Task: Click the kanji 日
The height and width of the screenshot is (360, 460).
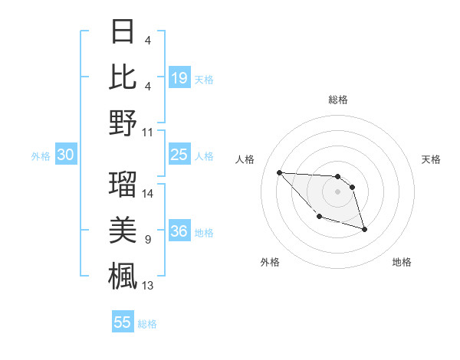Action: (x=123, y=31)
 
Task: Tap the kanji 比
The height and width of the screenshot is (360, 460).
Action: (x=123, y=77)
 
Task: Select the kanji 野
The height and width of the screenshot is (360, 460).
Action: (x=123, y=123)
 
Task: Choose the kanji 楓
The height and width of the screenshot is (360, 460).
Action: (x=123, y=275)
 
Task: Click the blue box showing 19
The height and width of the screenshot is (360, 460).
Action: (x=179, y=77)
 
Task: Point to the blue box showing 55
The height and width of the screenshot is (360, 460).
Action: (x=123, y=322)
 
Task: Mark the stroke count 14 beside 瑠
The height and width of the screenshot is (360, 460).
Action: (x=148, y=193)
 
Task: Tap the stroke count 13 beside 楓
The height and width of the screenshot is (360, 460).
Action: (x=148, y=286)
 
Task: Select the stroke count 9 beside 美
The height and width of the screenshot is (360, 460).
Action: (x=147, y=240)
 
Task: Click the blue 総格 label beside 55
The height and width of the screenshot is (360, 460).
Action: (x=147, y=324)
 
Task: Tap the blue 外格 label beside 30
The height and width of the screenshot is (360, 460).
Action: (x=41, y=156)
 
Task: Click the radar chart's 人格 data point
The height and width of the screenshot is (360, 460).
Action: (x=279, y=172)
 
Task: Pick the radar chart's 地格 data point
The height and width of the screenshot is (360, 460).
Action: (x=364, y=229)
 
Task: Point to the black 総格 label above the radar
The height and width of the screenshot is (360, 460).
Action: (x=337, y=100)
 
